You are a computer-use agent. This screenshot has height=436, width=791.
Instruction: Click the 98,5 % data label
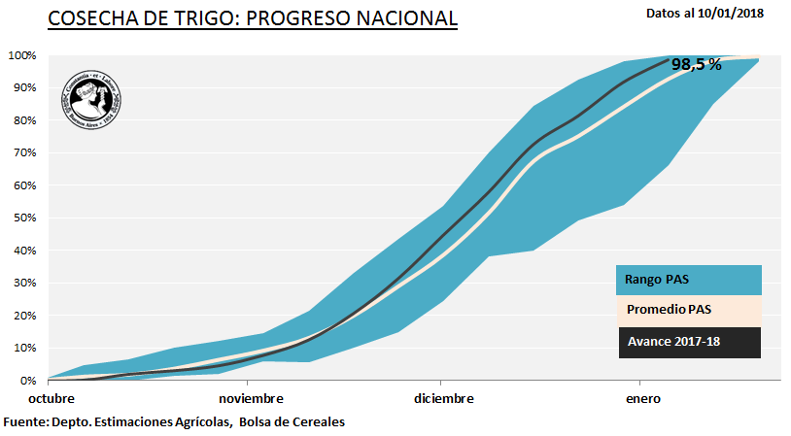(x=696, y=65)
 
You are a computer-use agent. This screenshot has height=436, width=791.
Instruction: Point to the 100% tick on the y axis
(x=22, y=55)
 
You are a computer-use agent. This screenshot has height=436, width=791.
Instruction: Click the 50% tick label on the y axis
(x=25, y=218)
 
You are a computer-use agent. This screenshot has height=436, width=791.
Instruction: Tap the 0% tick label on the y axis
(x=29, y=381)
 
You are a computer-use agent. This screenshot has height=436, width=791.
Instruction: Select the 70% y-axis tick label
(x=25, y=153)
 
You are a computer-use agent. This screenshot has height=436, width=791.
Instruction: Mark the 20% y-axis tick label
(x=25, y=316)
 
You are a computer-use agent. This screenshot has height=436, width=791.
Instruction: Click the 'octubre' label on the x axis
(x=51, y=399)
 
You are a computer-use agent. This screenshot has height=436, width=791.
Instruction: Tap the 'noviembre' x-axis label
(x=251, y=399)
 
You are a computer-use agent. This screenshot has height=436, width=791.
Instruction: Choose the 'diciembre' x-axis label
(x=444, y=399)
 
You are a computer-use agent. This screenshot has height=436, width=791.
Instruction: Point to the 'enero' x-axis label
(x=643, y=399)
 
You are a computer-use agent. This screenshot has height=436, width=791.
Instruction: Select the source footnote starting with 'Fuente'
(x=174, y=422)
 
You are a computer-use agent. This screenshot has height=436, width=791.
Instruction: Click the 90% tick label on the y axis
(x=25, y=88)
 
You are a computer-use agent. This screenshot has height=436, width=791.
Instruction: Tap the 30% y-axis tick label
(x=25, y=284)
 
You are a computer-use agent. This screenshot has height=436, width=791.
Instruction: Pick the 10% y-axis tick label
(x=25, y=349)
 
